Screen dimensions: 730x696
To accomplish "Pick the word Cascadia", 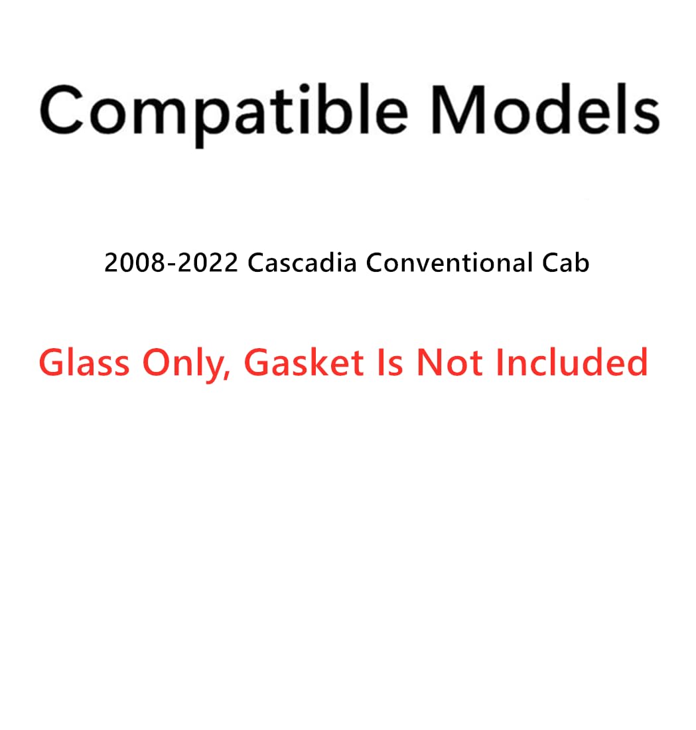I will [302, 263].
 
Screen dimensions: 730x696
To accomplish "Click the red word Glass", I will [84, 363].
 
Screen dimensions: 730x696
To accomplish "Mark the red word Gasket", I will [305, 363].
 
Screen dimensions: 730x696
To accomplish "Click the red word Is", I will [389, 363].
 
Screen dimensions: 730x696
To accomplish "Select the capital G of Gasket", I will [257, 363].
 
